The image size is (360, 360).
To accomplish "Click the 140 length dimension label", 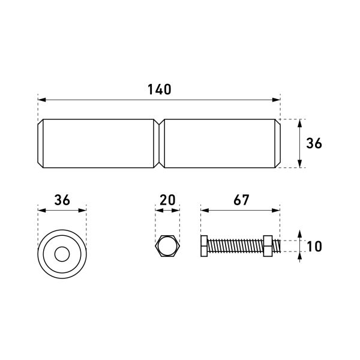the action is (160, 89).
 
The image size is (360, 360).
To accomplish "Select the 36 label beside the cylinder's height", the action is (314, 143).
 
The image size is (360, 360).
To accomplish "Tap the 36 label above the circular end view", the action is (62, 200).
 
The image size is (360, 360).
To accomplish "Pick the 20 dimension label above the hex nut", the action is (167, 200).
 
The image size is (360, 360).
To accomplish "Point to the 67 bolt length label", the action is (241, 200).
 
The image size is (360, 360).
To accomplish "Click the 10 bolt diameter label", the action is (314, 247).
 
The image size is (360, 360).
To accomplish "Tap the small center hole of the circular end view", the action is (62, 254).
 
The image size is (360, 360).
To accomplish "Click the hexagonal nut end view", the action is (167, 246).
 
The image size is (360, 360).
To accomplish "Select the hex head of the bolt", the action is (204, 246).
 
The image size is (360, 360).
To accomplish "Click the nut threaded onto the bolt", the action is (268, 246).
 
